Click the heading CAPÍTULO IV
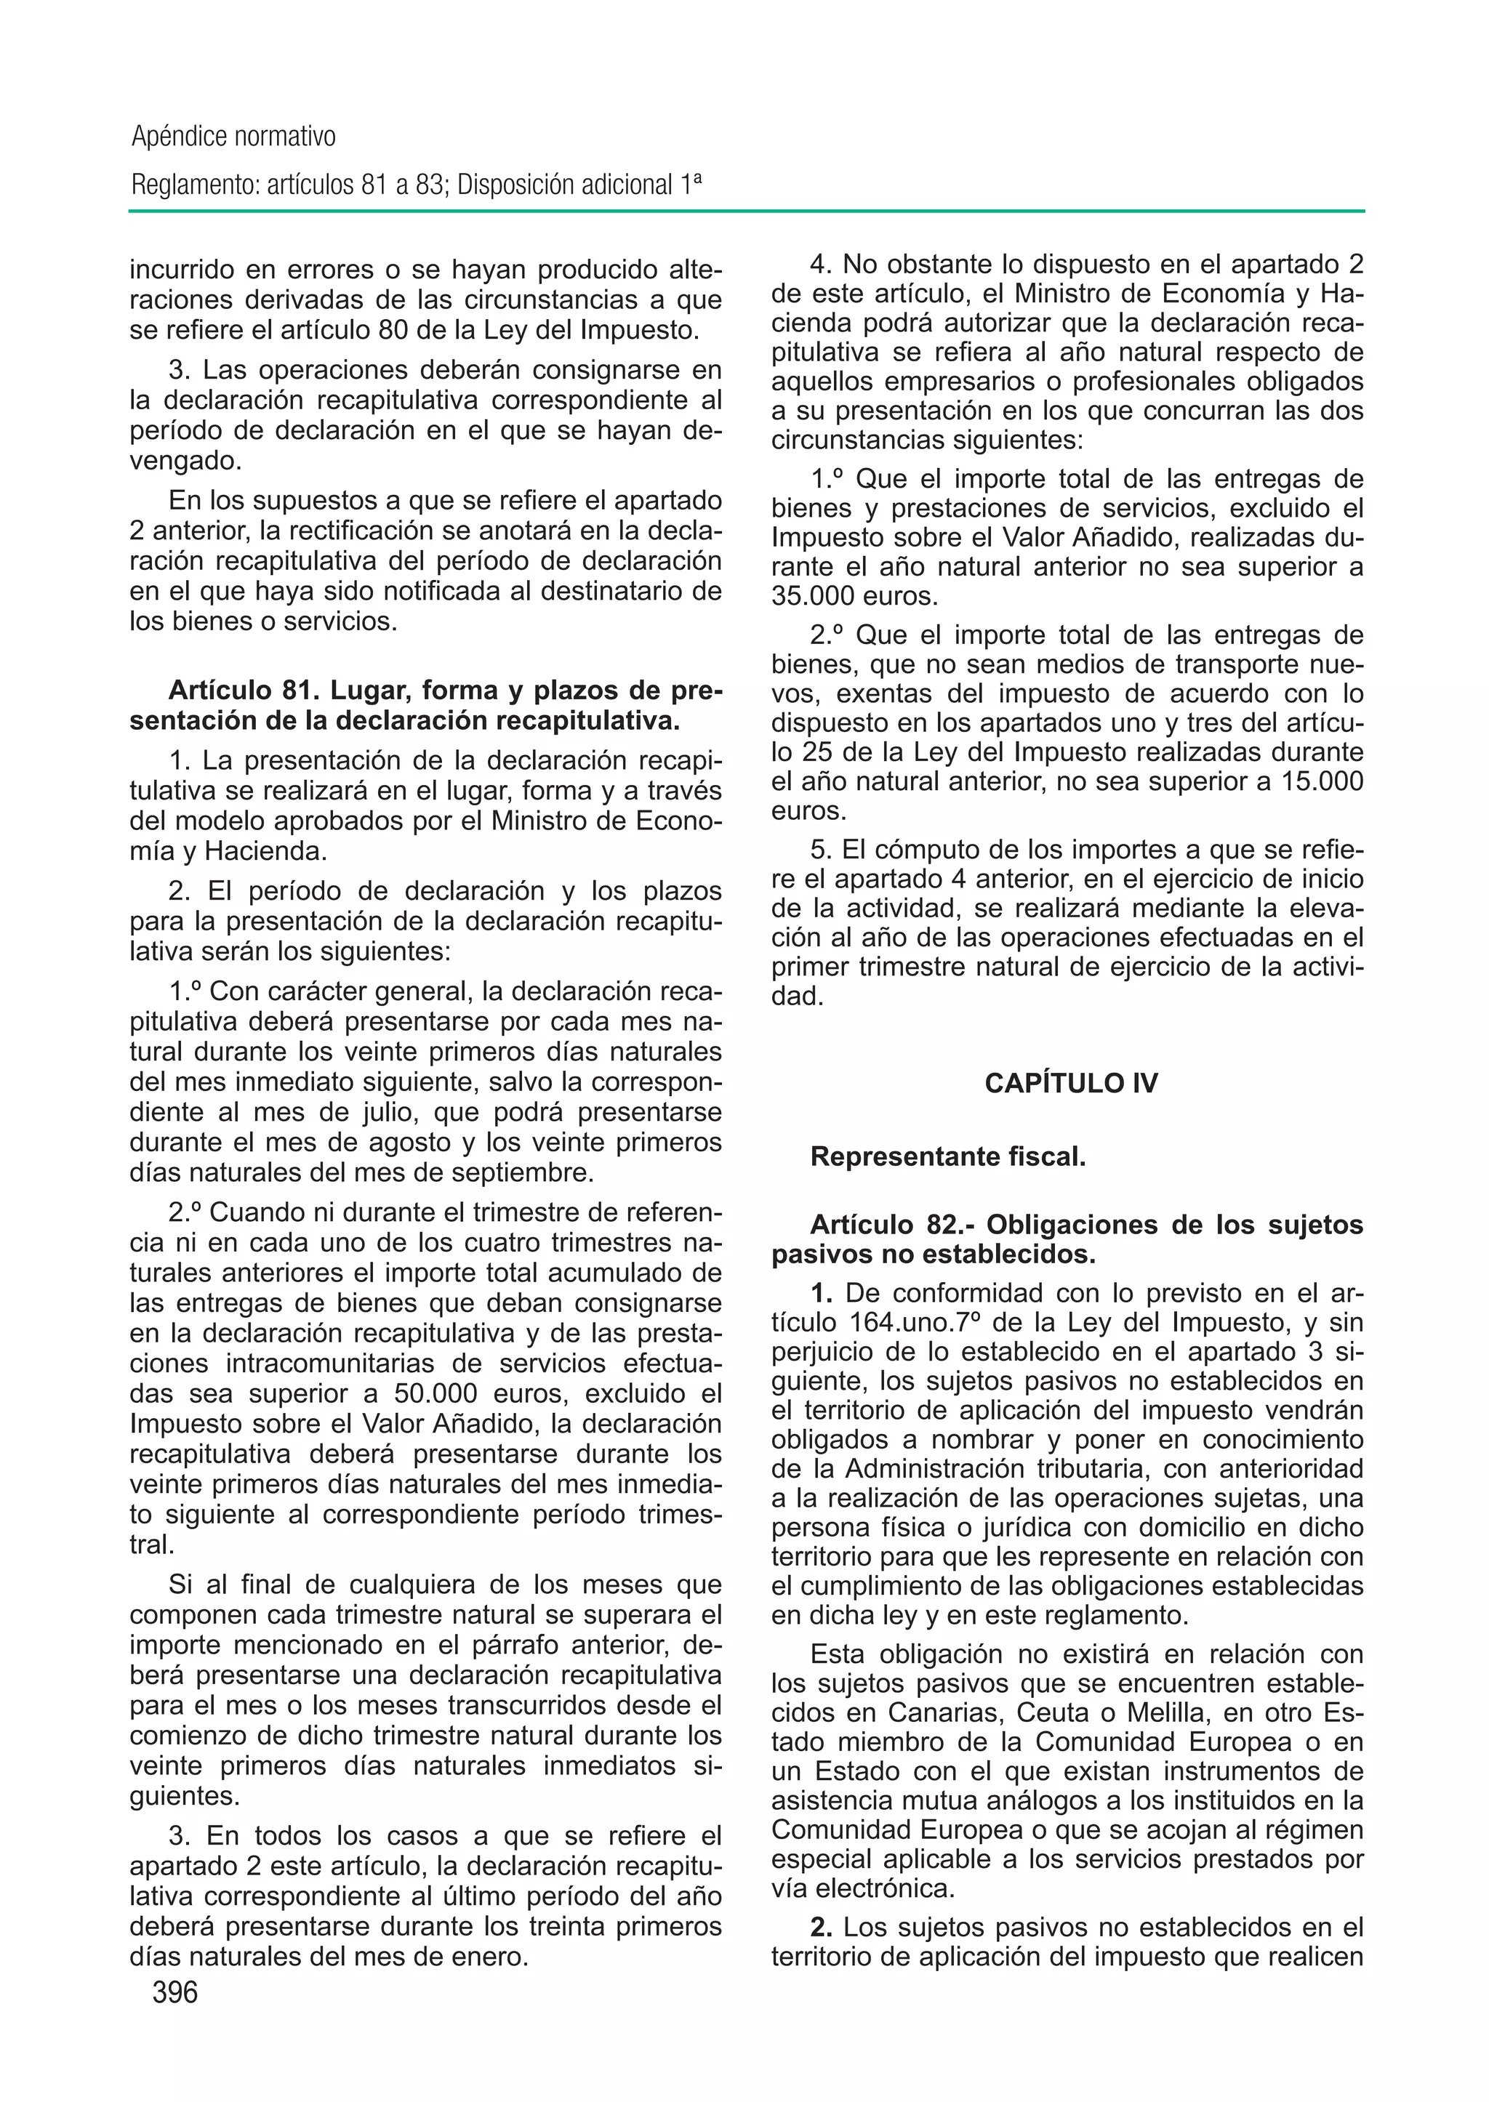1071,1084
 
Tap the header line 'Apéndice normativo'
234,137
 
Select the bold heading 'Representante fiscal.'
948,1157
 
